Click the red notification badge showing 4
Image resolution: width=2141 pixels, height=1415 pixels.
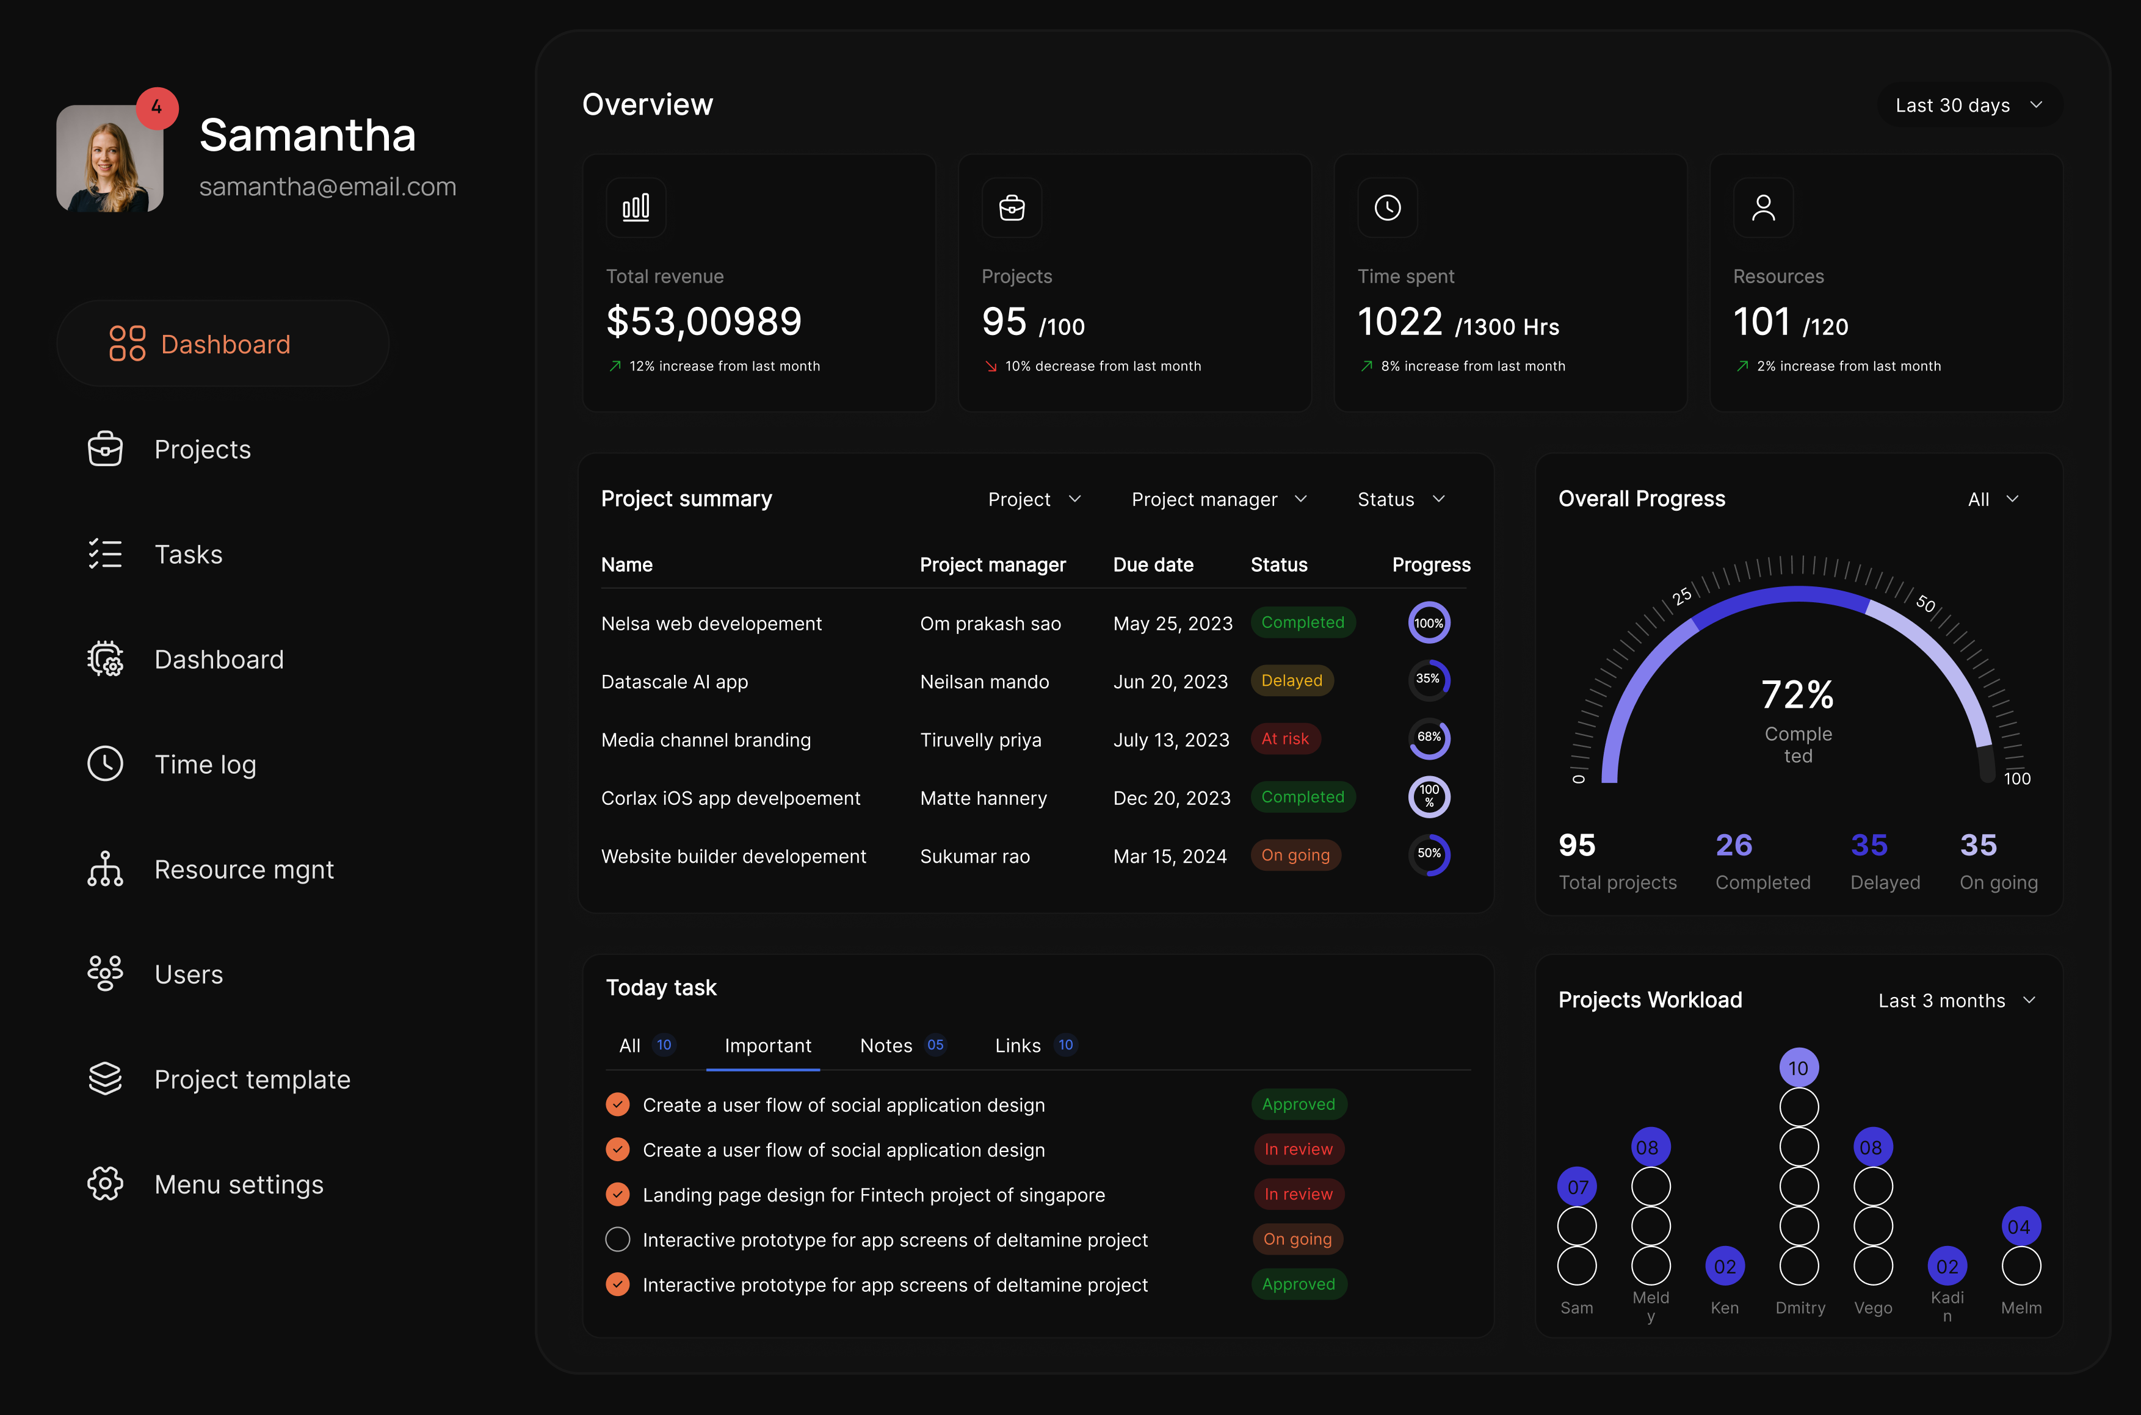157,107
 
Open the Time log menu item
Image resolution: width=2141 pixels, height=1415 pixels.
205,765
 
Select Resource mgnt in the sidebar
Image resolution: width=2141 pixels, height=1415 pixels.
244,869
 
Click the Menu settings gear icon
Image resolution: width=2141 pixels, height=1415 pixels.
106,1183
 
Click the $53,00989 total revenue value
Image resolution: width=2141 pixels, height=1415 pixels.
703,322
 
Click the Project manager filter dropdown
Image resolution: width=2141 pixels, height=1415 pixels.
1219,499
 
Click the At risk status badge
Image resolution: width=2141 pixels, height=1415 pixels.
1284,738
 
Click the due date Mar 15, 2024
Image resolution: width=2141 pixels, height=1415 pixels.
1169,857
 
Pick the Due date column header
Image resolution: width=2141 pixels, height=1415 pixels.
1153,565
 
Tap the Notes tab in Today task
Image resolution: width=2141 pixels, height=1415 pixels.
885,1045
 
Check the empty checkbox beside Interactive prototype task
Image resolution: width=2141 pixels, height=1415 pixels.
617,1239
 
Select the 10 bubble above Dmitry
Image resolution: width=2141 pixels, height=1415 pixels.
1798,1068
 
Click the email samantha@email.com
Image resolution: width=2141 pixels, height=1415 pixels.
328,187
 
